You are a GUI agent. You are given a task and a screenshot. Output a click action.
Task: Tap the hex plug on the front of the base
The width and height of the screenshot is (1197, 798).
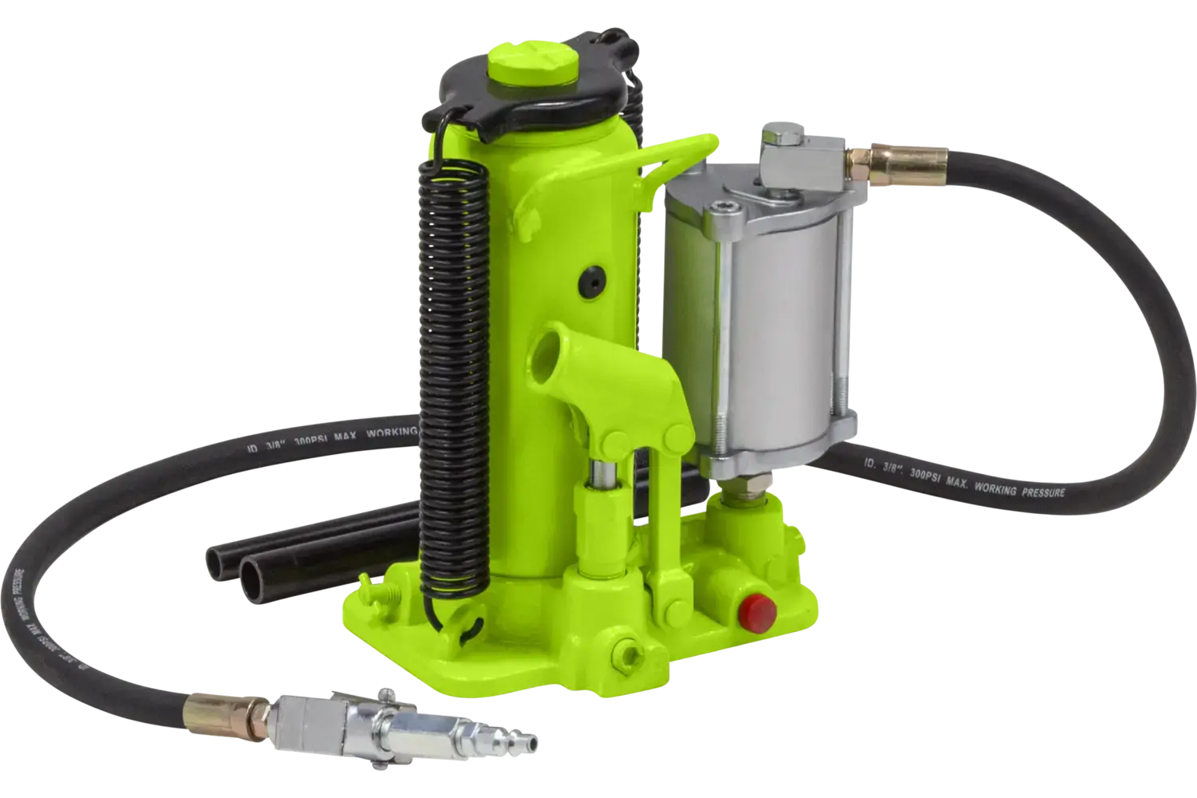626,654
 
